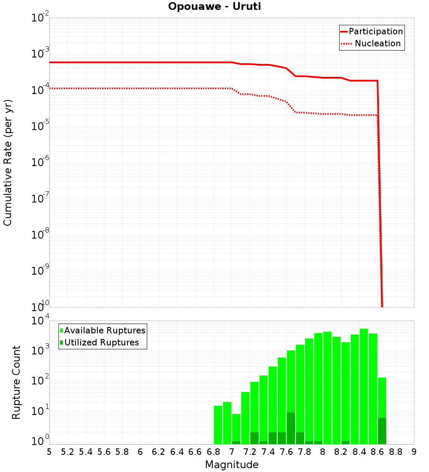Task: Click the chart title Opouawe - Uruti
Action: pyautogui.click(x=214, y=7)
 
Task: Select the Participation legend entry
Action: pyautogui.click(x=375, y=31)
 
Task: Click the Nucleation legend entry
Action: pyautogui.click(x=378, y=43)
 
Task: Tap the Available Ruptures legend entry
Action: pyautogui.click(x=105, y=330)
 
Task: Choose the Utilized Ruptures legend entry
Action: pyautogui.click(x=101, y=342)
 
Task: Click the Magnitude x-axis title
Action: pyautogui.click(x=232, y=465)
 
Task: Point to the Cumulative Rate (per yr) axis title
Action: pyautogui.click(x=8, y=163)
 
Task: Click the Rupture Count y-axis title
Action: pyautogui.click(x=16, y=382)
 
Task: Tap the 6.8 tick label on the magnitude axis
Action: pyautogui.click(x=213, y=452)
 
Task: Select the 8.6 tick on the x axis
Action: pyautogui.click(x=378, y=452)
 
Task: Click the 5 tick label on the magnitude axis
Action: pyautogui.click(x=49, y=452)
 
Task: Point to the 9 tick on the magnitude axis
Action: pyautogui.click(x=414, y=452)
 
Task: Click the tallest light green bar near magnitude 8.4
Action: pyautogui.click(x=364, y=386)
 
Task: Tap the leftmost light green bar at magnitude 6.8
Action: pyautogui.click(x=218, y=425)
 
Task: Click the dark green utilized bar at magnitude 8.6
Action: pyautogui.click(x=382, y=431)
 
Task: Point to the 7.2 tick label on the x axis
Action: pyautogui.click(x=250, y=452)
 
